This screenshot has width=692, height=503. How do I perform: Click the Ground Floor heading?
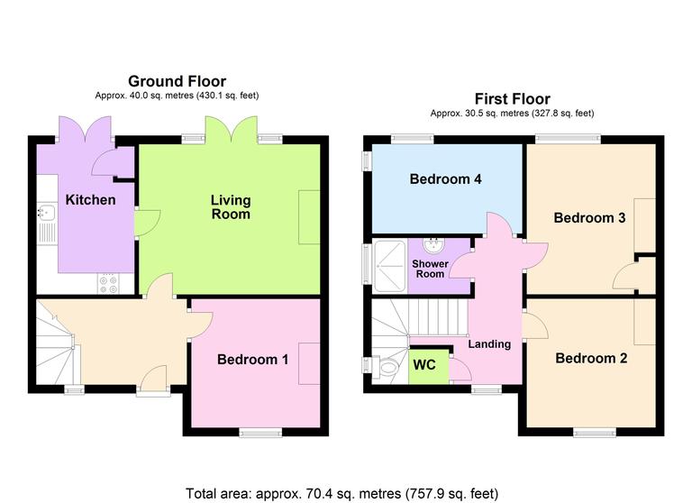(177, 82)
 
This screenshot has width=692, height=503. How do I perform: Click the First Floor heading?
(512, 99)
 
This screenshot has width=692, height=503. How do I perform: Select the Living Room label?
(231, 206)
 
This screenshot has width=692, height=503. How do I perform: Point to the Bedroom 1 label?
(252, 360)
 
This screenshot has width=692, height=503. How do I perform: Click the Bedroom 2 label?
(591, 358)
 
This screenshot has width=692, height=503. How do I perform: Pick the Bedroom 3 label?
(589, 218)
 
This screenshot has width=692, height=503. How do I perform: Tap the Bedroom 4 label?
(445, 179)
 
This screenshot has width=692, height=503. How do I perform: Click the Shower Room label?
(430, 268)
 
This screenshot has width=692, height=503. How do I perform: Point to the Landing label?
(489, 343)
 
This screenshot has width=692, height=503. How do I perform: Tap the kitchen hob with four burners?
(108, 283)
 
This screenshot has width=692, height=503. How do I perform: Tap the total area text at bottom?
(341, 493)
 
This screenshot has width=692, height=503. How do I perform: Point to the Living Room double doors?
(232, 133)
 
